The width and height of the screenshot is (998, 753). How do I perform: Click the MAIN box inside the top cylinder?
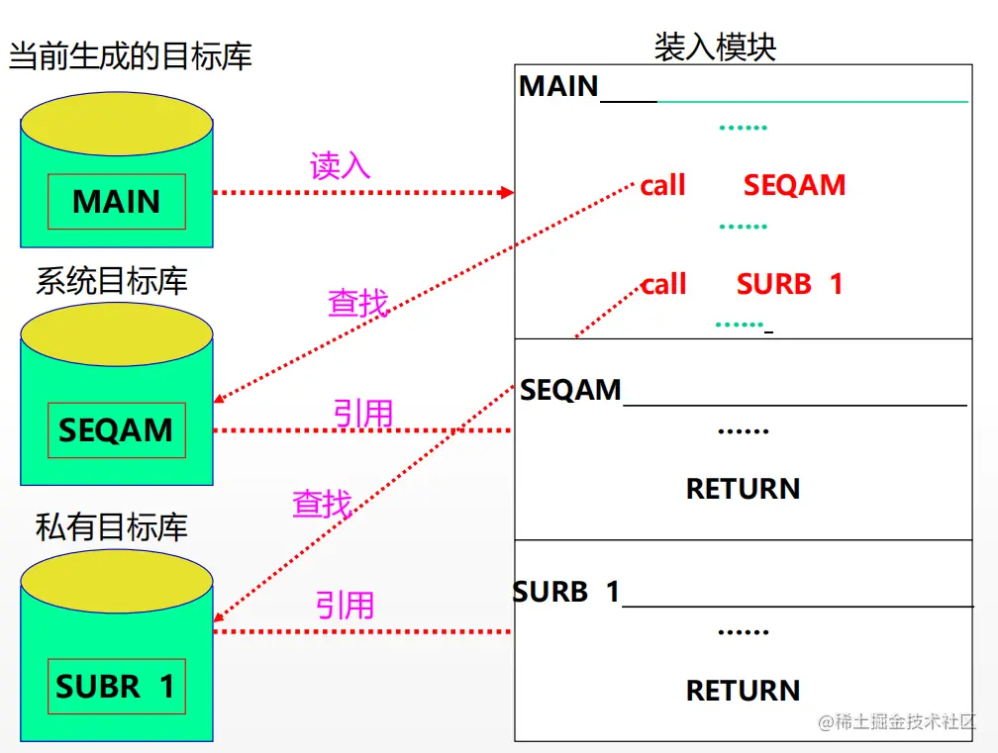[x=117, y=202]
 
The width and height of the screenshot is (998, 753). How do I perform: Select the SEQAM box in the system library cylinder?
[x=117, y=430]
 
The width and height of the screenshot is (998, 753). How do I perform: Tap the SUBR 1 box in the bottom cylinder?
[x=117, y=686]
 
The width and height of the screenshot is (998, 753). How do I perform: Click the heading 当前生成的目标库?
[x=130, y=55]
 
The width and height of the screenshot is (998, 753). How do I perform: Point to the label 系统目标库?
[x=111, y=282]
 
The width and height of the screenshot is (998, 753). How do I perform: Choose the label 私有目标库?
[x=111, y=526]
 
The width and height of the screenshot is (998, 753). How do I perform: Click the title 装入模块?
[x=715, y=47]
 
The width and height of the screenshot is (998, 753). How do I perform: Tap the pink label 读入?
[x=340, y=165]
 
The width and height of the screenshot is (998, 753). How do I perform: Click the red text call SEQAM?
[x=743, y=185]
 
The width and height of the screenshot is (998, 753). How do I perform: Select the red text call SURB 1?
[x=742, y=285]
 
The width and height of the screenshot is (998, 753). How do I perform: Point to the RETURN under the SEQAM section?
[x=743, y=489]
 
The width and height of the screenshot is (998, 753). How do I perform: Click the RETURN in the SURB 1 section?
[x=743, y=690]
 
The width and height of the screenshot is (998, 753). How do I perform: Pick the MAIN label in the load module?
[x=558, y=87]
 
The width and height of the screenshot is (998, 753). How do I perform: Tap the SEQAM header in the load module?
[x=570, y=390]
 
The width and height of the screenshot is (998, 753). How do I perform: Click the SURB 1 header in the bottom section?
[x=566, y=592]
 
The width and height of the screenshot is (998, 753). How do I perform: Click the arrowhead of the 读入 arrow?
[x=508, y=193]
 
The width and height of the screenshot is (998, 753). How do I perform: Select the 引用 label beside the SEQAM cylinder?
[x=362, y=414]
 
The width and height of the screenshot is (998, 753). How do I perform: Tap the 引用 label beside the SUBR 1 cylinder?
[x=345, y=605]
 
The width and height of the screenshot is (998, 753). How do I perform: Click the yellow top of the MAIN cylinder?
[x=117, y=129]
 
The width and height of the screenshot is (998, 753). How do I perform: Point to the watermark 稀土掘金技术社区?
[x=898, y=721]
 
